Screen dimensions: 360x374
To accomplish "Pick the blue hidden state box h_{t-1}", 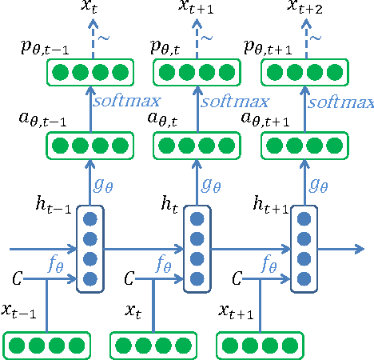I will pyautogui.click(x=90, y=248).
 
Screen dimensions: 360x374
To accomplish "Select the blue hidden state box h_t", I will pyautogui.click(x=197, y=248).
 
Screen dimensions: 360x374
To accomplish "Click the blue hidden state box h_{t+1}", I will pyautogui.click(x=302, y=248).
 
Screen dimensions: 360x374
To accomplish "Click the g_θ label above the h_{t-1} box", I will pyautogui.click(x=104, y=184).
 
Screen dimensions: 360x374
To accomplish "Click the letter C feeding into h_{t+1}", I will pyautogui.click(x=237, y=279).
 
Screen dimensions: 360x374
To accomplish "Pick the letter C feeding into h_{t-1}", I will pyautogui.click(x=17, y=279).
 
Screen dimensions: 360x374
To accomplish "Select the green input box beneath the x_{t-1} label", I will pyautogui.click(x=46, y=345).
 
